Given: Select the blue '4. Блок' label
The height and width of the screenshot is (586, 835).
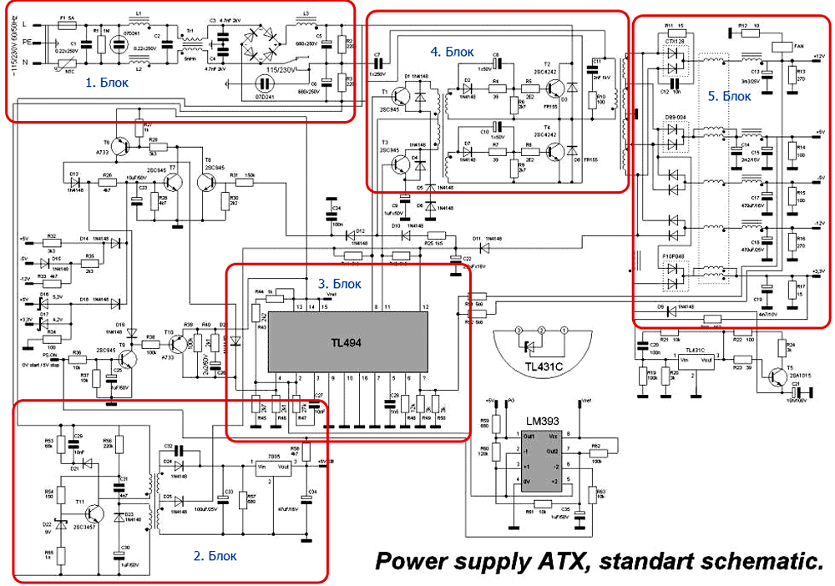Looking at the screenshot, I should [452, 51].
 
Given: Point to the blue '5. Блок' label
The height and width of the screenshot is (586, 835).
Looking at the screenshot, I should [729, 97].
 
